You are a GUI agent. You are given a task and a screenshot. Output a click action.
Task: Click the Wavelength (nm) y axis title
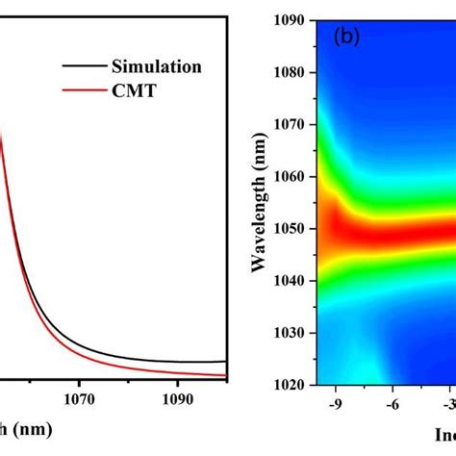pyautogui.click(x=262, y=202)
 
